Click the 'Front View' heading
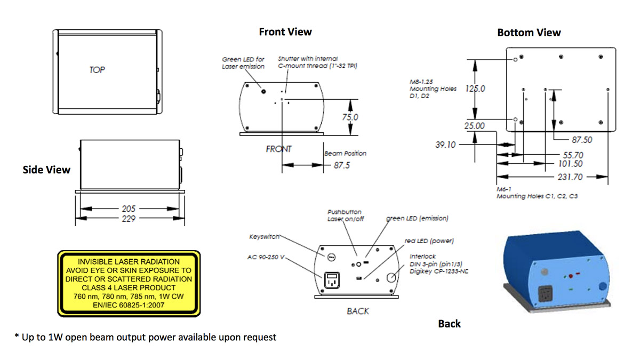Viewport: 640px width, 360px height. (x=285, y=31)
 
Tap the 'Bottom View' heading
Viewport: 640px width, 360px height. (x=529, y=33)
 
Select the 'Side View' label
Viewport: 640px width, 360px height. (x=46, y=170)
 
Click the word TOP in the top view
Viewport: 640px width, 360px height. (x=97, y=70)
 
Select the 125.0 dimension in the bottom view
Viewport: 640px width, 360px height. (x=475, y=89)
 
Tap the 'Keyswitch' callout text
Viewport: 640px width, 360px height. (x=265, y=236)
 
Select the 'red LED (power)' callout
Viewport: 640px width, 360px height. (x=429, y=241)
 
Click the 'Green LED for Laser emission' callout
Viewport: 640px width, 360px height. (x=243, y=62)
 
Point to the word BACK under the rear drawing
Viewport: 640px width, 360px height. (x=357, y=311)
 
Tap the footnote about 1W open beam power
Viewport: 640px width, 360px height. (x=145, y=337)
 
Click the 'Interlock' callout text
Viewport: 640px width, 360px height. (x=422, y=257)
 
